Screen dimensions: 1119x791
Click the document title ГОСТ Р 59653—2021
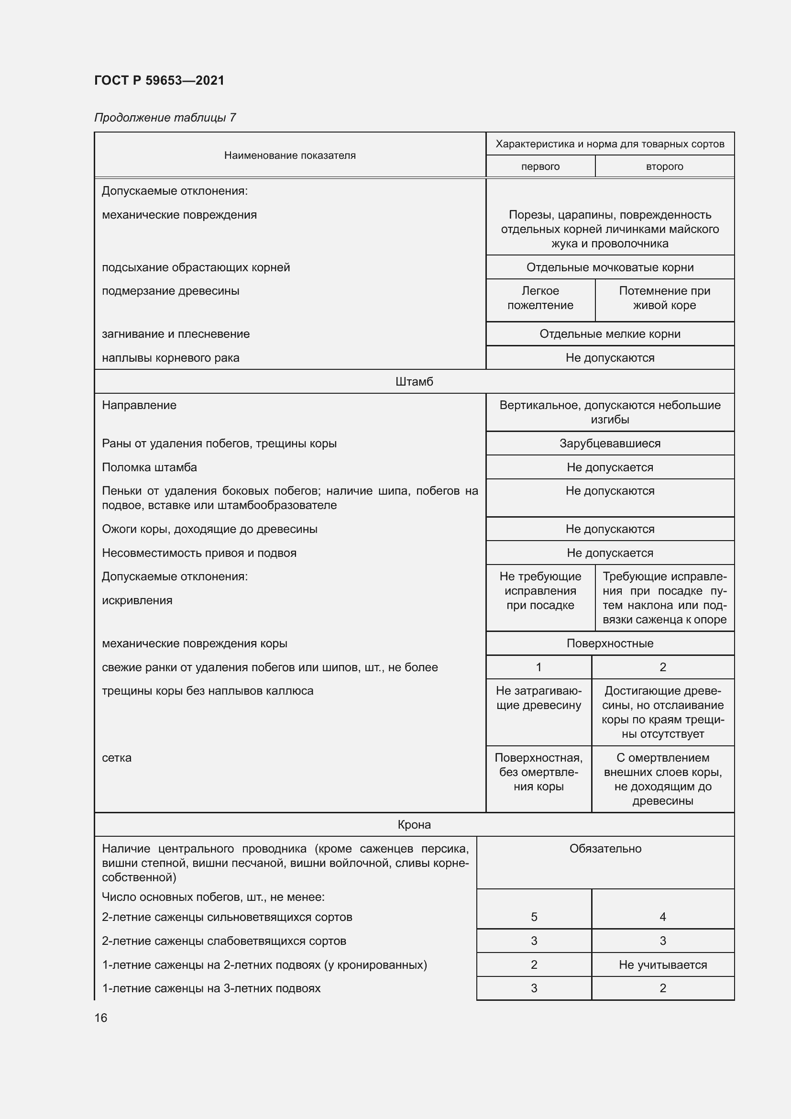coord(159,80)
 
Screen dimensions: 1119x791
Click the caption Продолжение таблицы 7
coord(165,118)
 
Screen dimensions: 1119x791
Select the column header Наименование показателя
coord(290,155)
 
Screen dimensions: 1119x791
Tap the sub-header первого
coord(540,166)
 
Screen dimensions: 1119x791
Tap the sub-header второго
coord(664,166)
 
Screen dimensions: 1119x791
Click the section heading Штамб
coord(414,382)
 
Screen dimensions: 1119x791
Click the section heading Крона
coord(414,825)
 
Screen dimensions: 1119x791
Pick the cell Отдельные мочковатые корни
coord(610,267)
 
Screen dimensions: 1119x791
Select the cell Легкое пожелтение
coord(540,298)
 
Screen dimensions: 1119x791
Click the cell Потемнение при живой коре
coord(664,298)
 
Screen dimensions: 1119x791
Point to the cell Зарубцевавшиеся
coord(610,443)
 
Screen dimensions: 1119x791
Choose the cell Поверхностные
coord(610,643)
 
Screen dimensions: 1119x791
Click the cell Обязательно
coord(605,849)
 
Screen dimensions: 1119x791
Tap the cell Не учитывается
coord(662,964)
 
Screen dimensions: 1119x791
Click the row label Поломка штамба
coord(150,467)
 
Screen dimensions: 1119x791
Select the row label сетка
coord(117,758)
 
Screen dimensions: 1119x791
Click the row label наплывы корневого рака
coord(170,358)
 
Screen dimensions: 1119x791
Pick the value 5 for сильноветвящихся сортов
coord(534,917)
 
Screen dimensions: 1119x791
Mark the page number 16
coord(101,1018)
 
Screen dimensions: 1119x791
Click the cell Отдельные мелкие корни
coord(610,334)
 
